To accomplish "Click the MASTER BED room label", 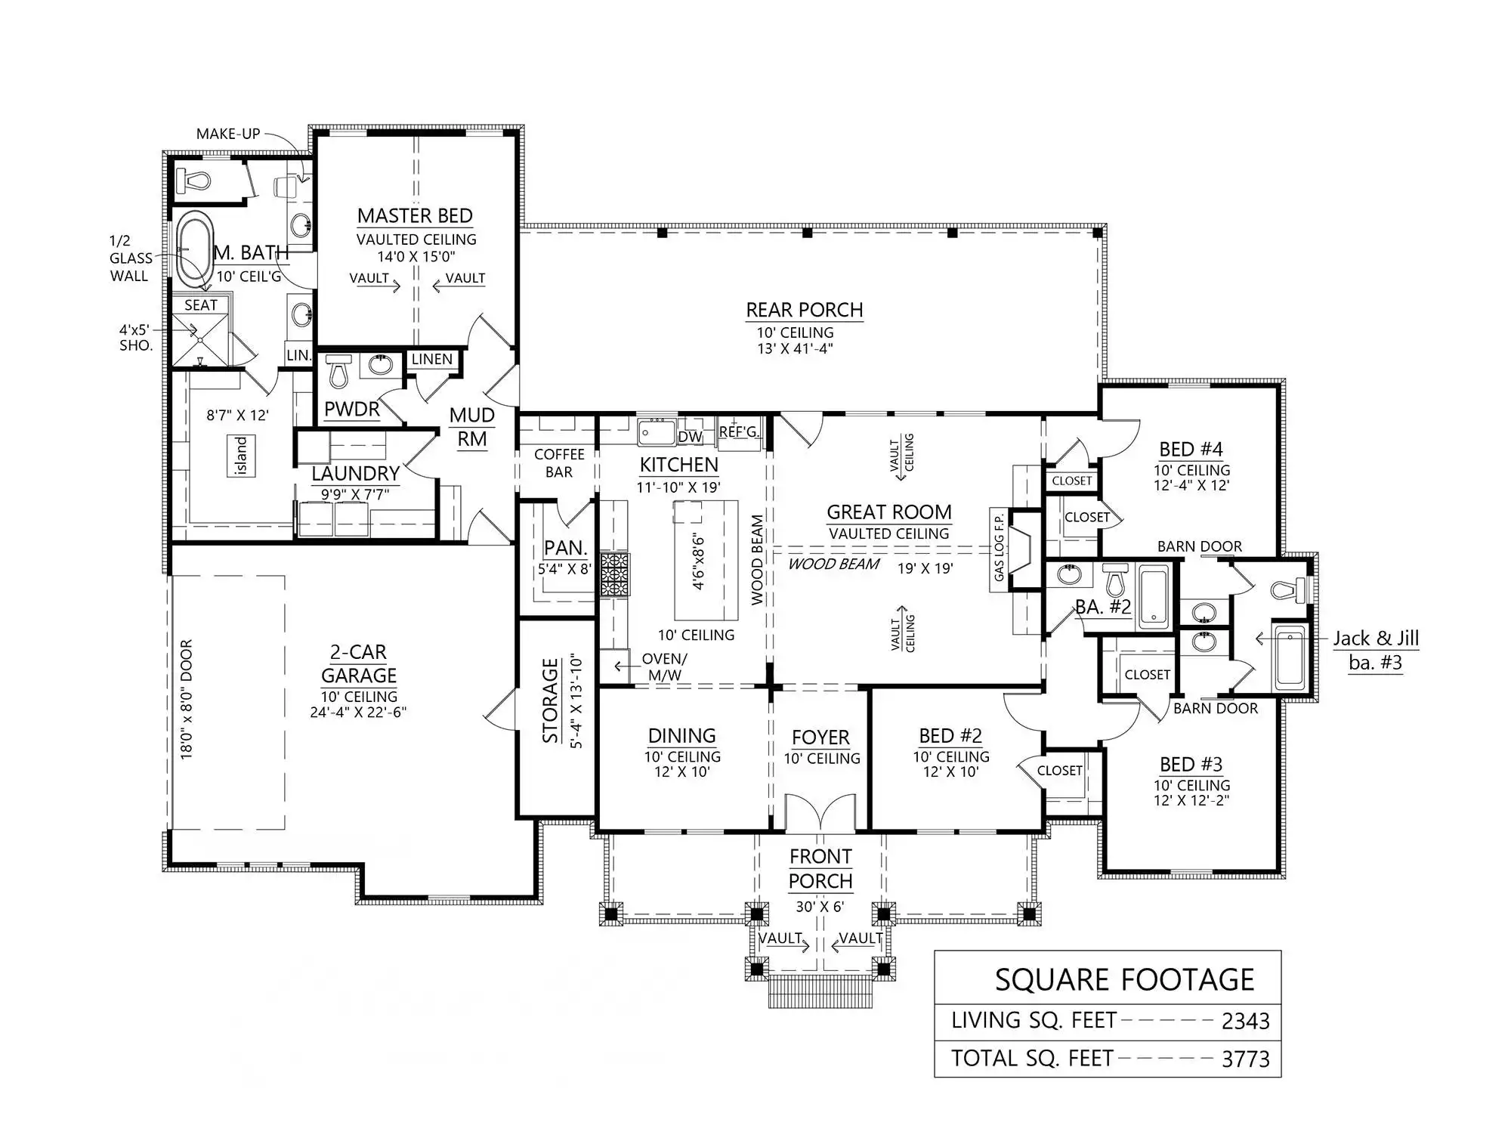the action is point(415,216).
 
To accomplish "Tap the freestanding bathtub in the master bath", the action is point(195,251).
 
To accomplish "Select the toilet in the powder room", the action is point(338,370).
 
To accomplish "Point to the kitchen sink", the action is point(657,432).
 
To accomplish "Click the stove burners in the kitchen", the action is point(614,574).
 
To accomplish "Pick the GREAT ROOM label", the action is point(888,512).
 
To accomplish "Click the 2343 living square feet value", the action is point(1245,1022).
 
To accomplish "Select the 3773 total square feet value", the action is point(1245,1059).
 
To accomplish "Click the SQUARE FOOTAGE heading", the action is point(1124,980).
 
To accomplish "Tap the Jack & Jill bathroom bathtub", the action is point(1289,657).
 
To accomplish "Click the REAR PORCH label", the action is point(805,310).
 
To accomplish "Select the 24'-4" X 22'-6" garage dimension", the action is point(358,712).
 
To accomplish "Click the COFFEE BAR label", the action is point(559,463).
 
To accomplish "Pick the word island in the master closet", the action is point(242,456).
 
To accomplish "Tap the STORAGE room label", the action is point(551,701).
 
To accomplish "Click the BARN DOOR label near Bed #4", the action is point(1200,546).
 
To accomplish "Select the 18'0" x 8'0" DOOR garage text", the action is point(187,700).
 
